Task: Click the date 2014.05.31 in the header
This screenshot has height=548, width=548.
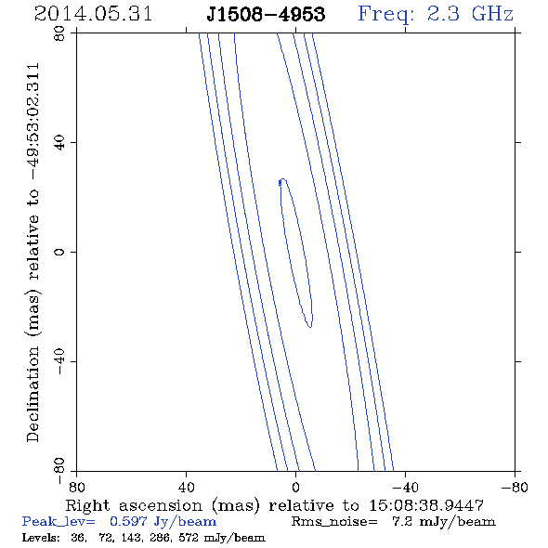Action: [x=93, y=14]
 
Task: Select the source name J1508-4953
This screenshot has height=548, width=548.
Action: [x=266, y=14]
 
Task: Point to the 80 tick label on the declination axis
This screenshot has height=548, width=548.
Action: [x=59, y=33]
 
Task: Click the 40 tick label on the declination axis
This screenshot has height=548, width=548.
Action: [x=59, y=143]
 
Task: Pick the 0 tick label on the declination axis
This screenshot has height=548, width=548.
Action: [x=59, y=252]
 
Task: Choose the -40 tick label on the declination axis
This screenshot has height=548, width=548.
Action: [x=59, y=361]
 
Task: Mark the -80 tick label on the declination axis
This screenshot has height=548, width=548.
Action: [x=59, y=471]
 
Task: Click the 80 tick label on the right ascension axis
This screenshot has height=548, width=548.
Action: [x=76, y=487]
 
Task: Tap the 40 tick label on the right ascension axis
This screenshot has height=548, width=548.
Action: [x=186, y=487]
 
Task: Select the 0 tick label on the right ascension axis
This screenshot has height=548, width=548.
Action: [x=295, y=487]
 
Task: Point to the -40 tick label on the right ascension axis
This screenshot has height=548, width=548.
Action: [x=405, y=487]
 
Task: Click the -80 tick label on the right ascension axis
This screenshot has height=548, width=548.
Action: [x=515, y=487]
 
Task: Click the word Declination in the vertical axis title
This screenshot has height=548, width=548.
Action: [x=33, y=394]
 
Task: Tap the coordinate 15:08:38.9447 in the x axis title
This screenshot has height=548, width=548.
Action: [x=426, y=505]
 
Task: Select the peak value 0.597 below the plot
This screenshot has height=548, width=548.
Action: [x=128, y=521]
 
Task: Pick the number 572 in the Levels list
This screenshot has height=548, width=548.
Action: [x=189, y=538]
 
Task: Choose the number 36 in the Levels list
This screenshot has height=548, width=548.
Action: [x=78, y=538]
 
